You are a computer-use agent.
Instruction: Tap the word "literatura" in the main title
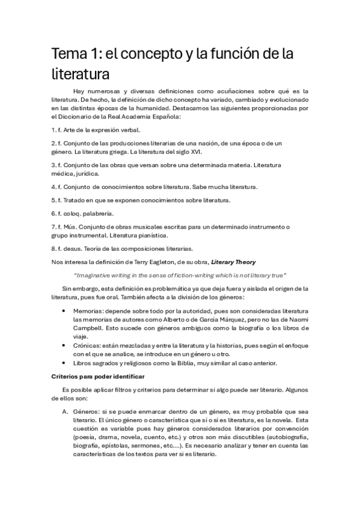[x=80, y=75]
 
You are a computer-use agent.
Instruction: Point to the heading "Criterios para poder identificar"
[x=98, y=376]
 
